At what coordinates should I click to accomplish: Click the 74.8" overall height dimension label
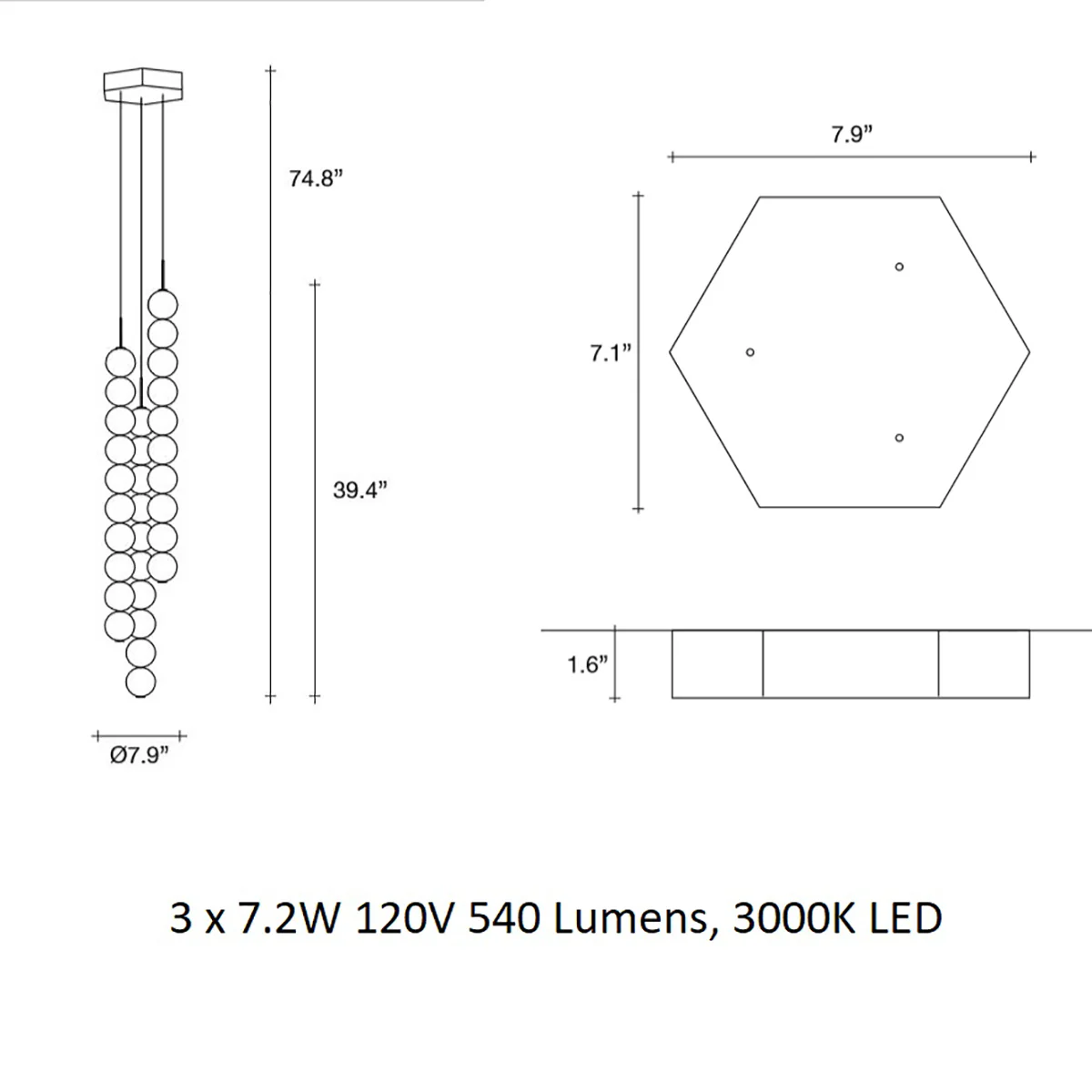316,179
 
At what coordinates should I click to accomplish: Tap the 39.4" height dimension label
360,490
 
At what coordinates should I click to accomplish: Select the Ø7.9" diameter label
139,754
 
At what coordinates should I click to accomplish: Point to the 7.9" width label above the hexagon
852,135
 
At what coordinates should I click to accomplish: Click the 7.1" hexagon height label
611,353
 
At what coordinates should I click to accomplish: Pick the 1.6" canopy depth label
588,664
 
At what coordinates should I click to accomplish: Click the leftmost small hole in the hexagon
750,352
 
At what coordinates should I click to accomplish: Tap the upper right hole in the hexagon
899,267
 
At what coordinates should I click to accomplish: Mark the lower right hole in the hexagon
899,438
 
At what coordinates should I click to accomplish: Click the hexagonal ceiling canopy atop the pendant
144,86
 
